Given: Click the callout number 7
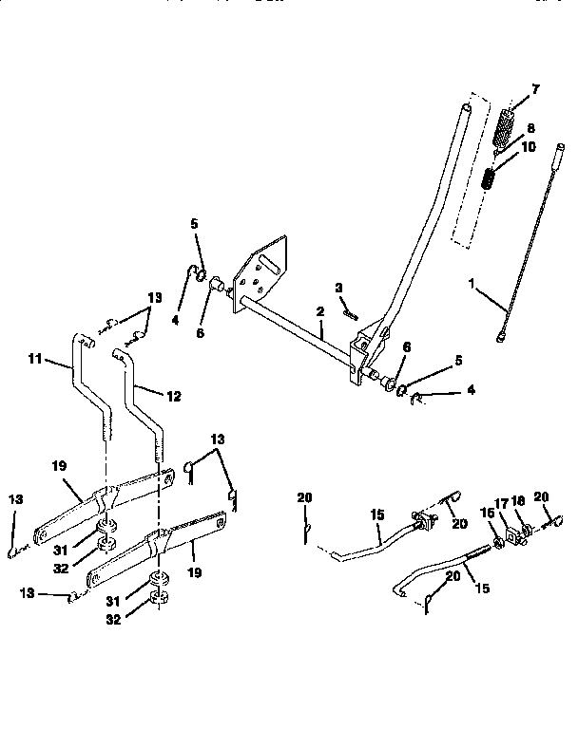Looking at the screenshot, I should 535,89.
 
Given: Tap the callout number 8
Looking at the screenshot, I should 531,127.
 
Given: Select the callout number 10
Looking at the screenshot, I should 530,147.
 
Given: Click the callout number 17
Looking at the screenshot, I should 503,505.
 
